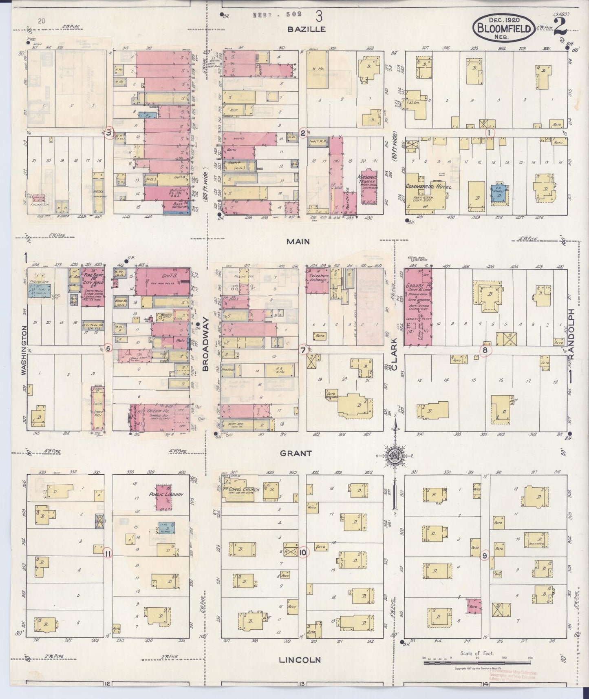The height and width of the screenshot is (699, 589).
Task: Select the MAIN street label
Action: click(x=298, y=241)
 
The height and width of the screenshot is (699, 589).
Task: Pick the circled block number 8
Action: click(x=485, y=350)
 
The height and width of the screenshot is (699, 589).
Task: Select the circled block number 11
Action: click(x=108, y=553)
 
